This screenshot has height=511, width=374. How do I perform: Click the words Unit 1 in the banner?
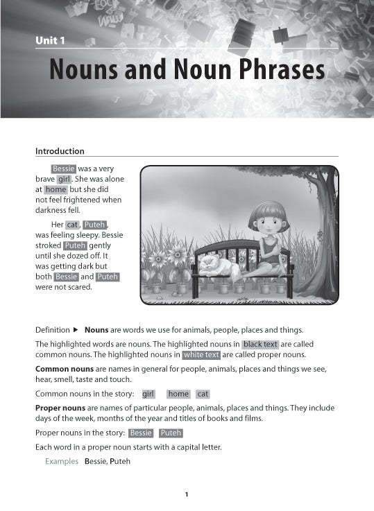50,42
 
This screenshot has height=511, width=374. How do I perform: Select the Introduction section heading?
60,151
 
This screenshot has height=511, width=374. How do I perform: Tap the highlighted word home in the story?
56,189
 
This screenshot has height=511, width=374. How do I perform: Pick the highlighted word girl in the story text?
65,179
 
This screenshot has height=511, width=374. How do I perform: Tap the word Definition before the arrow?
52,330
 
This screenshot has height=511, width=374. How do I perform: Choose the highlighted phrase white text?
201,355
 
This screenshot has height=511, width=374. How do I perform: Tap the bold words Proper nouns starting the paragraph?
60,408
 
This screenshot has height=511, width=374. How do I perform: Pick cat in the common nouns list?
203,394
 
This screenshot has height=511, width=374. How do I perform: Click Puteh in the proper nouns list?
171,433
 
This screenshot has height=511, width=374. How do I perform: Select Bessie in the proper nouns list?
141,433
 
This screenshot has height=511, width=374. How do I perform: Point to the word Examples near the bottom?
62,461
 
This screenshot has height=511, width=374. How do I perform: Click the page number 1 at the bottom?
187,494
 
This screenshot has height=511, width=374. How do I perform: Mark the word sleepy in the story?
86,235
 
